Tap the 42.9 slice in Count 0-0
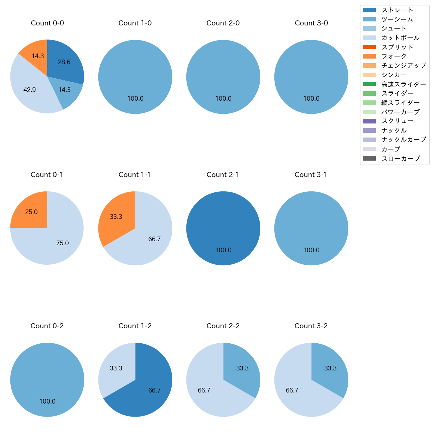click(x=30, y=89)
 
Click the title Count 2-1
click(x=223, y=175)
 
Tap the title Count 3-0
click(x=311, y=23)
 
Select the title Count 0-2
click(x=47, y=326)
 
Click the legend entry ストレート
click(x=397, y=10)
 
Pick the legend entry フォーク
click(x=394, y=56)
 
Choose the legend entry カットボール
click(x=400, y=38)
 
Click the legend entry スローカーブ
click(x=401, y=158)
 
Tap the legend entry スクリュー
click(x=397, y=121)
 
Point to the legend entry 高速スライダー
click(x=404, y=84)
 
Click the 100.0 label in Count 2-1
click(x=224, y=250)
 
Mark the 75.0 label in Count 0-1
click(x=63, y=243)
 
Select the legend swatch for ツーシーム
click(x=369, y=19)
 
